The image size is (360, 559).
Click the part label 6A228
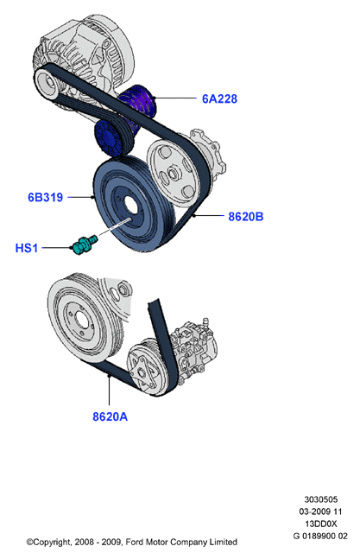pyautogui.click(x=219, y=98)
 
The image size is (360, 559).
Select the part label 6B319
pyautogui.click(x=45, y=197)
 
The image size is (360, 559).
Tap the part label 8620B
pyautogui.click(x=246, y=216)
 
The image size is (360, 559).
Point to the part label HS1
pyautogui.click(x=27, y=248)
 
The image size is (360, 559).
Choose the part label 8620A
pyautogui.click(x=110, y=416)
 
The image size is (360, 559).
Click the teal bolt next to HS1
pyautogui.click(x=84, y=245)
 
